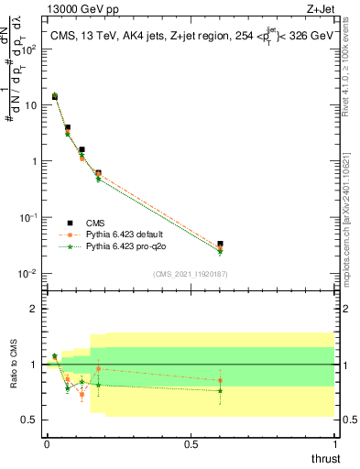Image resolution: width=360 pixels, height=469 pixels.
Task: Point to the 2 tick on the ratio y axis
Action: click(33, 309)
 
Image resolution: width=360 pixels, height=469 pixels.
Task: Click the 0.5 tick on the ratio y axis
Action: click(29, 420)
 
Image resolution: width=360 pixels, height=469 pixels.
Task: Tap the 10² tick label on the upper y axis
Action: click(29, 49)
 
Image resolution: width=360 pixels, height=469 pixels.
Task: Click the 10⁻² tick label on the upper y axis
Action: click(29, 274)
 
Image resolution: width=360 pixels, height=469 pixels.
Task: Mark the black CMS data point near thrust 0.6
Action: click(220, 244)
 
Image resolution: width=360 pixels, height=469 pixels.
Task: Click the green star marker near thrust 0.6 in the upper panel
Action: click(220, 253)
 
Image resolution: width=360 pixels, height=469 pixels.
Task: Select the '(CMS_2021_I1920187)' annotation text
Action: click(190, 273)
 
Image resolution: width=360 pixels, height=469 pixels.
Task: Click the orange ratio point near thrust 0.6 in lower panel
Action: click(220, 380)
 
